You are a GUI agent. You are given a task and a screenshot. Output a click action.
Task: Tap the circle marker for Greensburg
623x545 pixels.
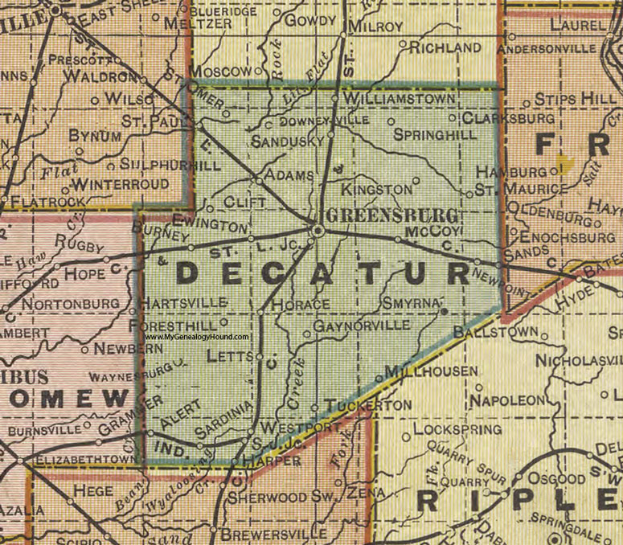pos(318,231)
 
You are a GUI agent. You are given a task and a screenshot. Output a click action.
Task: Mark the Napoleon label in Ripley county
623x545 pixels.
pos(510,400)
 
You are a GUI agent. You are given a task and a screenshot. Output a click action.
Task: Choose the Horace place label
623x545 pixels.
pos(301,305)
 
